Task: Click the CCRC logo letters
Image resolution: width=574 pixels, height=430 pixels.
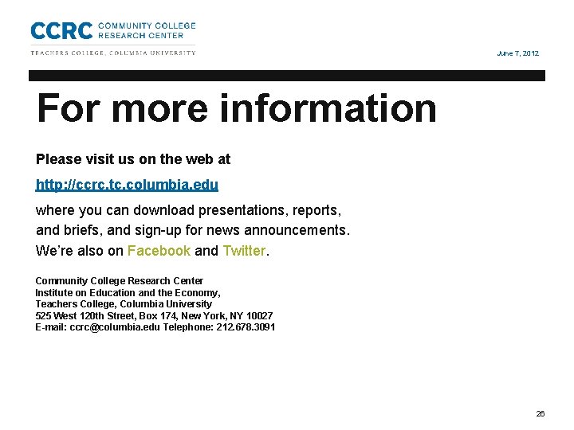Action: [61, 30]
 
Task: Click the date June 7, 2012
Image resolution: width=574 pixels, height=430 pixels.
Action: [517, 53]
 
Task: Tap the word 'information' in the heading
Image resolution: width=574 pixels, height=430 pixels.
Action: [328, 108]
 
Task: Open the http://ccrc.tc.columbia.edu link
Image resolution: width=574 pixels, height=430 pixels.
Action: [127, 185]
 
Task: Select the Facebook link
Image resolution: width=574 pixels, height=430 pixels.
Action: [159, 251]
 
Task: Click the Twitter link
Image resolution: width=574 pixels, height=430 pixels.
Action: [244, 251]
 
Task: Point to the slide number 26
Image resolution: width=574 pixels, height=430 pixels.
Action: [541, 414]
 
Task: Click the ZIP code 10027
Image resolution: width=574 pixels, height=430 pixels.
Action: [258, 315]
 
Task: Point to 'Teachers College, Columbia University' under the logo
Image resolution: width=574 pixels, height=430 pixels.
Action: [113, 53]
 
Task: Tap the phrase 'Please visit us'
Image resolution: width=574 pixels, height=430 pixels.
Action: [77, 159]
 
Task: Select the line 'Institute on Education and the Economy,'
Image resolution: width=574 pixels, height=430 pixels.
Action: [128, 292]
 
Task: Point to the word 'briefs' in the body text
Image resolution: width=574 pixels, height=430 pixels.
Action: [82, 231]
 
